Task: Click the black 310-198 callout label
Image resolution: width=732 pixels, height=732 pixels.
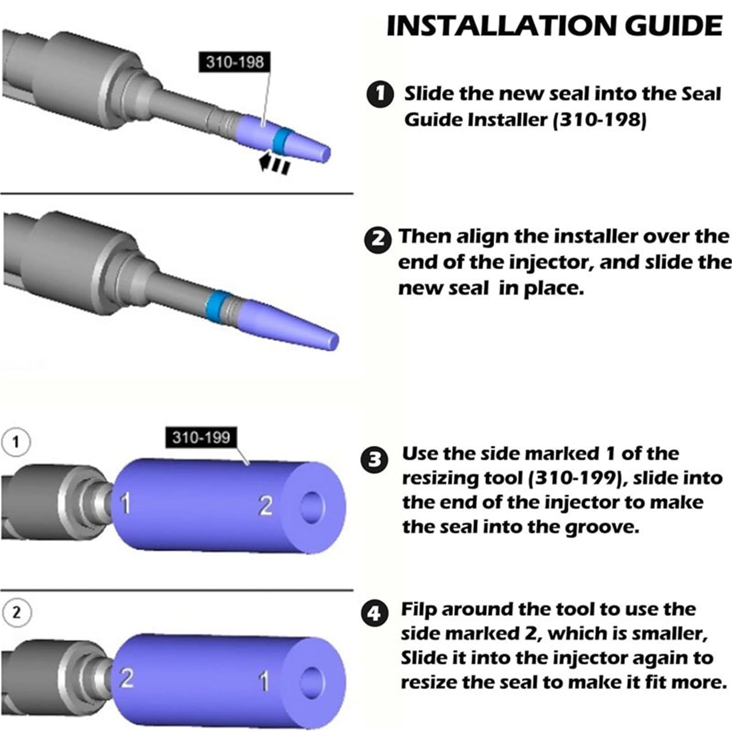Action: pos(235,62)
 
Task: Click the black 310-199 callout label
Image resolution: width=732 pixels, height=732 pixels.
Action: pos(201,438)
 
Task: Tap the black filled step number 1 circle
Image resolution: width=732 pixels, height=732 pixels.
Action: pos(380,94)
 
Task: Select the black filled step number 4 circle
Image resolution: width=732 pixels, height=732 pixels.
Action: pos(374,613)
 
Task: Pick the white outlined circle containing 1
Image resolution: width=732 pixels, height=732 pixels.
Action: pos(16,442)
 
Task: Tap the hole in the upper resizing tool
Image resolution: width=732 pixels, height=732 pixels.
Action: pos(313,507)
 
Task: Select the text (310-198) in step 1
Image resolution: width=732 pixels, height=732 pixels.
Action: pos(600,120)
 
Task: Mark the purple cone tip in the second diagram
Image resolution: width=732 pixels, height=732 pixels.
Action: pos(334,341)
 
